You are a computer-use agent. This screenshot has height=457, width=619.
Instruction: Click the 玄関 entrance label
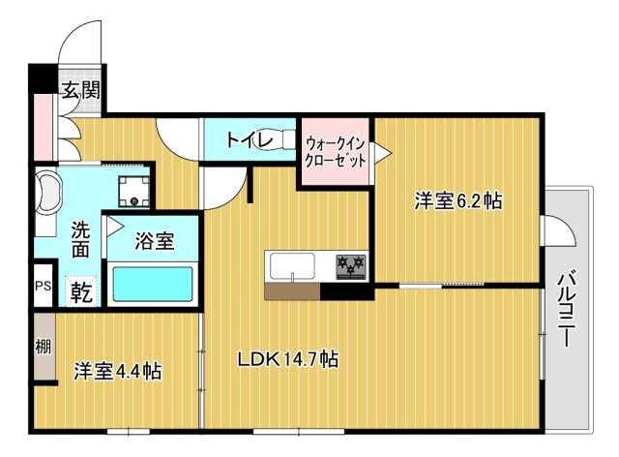coord(81,93)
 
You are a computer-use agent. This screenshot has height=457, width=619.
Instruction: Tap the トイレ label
coord(249,139)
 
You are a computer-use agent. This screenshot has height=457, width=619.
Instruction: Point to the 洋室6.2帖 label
coord(458,201)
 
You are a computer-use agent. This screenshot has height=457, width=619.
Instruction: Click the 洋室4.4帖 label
coord(117,371)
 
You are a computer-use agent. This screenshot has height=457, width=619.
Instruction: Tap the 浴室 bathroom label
coord(155,241)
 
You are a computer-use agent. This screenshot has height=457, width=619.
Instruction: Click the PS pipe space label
coord(43,287)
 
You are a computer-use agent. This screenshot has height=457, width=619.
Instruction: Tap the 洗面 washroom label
coord(81,239)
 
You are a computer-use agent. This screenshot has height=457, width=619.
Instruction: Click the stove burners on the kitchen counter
coord(349,263)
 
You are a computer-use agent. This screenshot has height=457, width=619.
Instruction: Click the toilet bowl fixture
coord(283,139)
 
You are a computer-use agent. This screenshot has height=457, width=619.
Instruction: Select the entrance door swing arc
coord(79,44)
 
